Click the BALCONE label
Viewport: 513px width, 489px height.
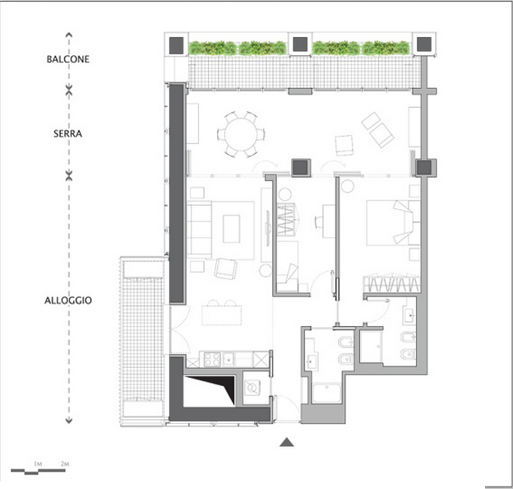tap(68, 59)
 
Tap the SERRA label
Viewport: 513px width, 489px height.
tap(67, 133)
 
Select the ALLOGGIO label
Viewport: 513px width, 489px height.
tap(68, 300)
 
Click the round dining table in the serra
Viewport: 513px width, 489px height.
tap(241, 134)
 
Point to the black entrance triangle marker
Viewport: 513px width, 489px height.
tap(287, 442)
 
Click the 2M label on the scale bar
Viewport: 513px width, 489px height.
tap(65, 463)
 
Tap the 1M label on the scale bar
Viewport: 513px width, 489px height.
tap(38, 463)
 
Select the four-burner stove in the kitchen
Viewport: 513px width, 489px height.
tap(212, 359)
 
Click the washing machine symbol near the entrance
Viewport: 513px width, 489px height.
tap(252, 388)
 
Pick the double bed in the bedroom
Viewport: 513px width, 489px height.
tap(393, 223)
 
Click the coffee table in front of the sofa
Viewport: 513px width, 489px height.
tap(231, 229)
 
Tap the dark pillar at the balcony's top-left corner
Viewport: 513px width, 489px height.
tap(176, 45)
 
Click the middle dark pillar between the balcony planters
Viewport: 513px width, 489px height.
tap(300, 44)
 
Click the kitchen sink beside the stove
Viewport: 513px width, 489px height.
tap(229, 360)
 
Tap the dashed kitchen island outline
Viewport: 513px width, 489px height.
tap(221, 315)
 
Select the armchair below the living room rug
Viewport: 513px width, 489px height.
tap(225, 268)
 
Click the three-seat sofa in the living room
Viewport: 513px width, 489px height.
tap(199, 230)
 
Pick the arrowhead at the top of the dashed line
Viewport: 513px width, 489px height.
tap(69, 35)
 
